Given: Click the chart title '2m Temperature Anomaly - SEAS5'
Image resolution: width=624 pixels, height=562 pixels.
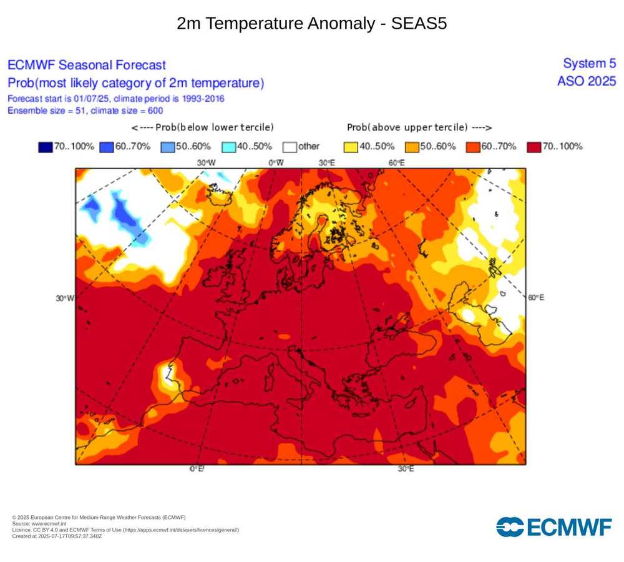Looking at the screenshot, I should [x=311, y=24].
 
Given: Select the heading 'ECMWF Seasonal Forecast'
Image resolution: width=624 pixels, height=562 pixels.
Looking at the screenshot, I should [x=87, y=65].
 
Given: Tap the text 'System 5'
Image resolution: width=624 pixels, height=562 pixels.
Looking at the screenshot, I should [x=589, y=63].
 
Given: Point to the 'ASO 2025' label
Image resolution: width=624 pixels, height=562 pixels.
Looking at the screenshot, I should [x=587, y=81].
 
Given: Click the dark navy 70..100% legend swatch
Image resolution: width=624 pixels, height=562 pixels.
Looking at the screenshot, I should [x=45, y=147].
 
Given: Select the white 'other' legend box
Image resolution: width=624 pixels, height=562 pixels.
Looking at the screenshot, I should [x=289, y=147].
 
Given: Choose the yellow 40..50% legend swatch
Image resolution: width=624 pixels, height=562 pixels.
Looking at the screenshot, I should [x=351, y=147].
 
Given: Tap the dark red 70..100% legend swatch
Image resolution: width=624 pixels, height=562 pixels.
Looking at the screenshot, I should [x=534, y=147].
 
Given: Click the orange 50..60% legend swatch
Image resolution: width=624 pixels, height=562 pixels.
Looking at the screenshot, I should [x=412, y=147].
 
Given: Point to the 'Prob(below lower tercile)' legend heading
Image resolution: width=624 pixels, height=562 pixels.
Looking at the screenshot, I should [x=202, y=127].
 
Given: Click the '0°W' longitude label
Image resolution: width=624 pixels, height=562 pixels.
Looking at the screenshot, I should [x=276, y=162].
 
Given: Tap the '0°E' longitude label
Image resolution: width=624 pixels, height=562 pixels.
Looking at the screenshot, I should [x=196, y=469].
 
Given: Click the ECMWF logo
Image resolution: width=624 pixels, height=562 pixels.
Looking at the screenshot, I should [x=553, y=526].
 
